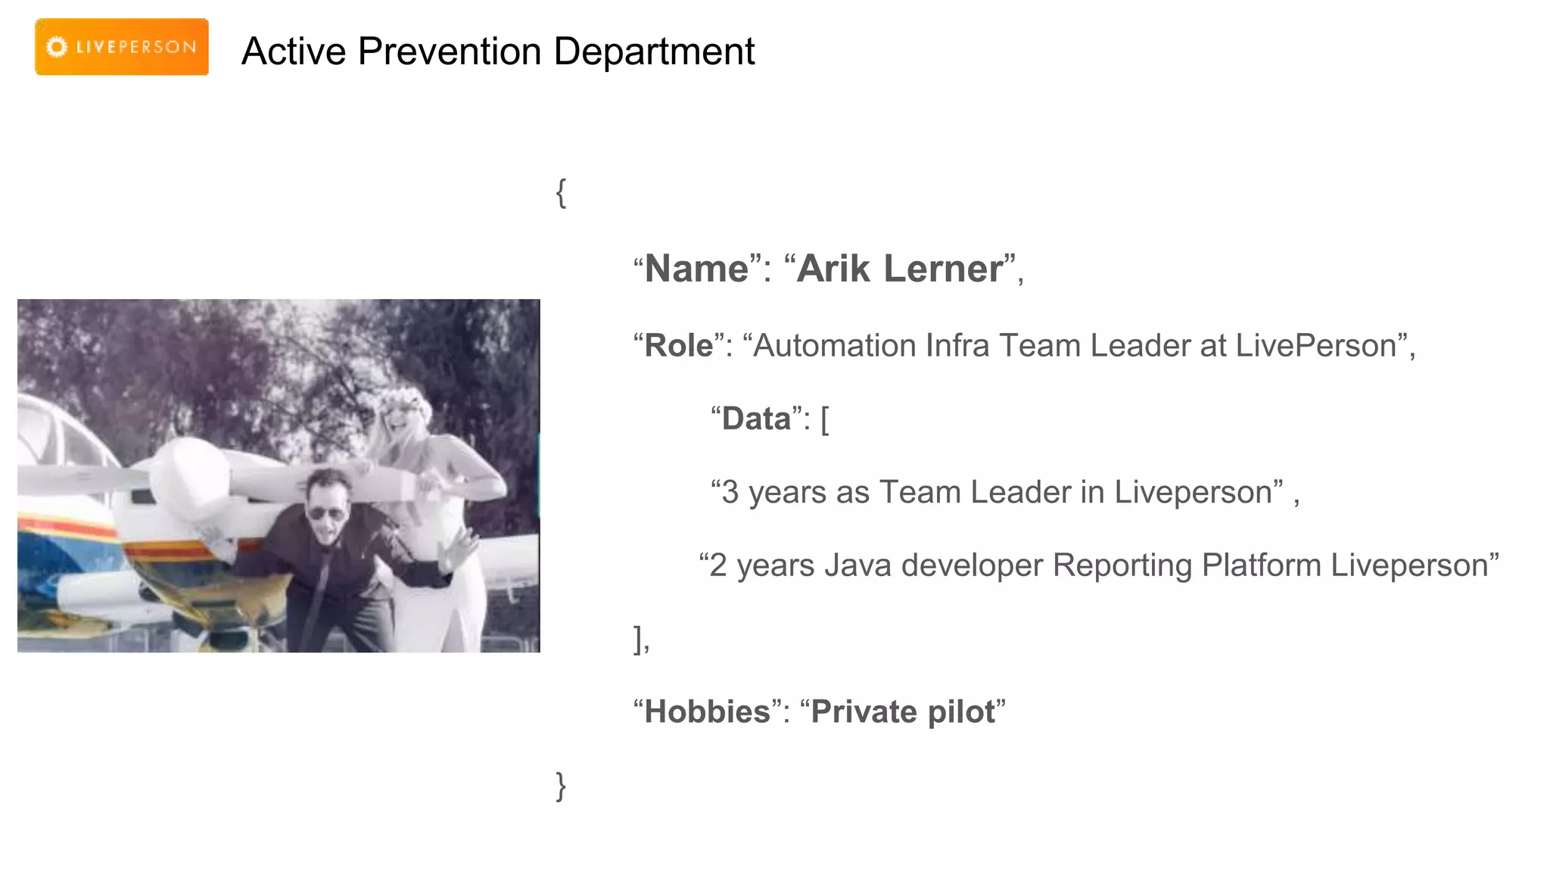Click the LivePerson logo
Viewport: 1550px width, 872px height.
121,47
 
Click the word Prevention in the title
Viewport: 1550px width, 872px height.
450,51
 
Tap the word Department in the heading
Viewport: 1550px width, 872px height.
654,51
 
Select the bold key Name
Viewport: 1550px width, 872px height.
696,269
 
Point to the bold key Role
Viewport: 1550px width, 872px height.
678,346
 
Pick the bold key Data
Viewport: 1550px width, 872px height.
756,419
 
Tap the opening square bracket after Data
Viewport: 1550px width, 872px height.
825,419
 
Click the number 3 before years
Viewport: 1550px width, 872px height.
730,493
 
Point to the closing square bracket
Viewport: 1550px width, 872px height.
638,639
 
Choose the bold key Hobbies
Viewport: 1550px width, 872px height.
707,712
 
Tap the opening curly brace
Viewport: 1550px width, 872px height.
561,193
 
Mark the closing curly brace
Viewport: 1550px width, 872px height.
561,786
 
